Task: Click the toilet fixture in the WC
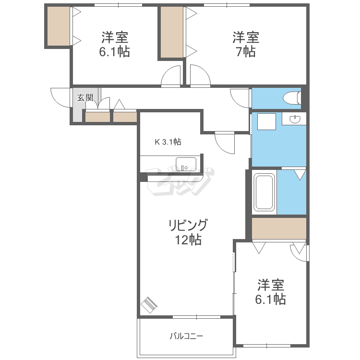pyautogui.click(x=292, y=98)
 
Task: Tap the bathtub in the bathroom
pyautogui.click(x=264, y=192)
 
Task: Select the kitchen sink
pyautogui.click(x=186, y=164)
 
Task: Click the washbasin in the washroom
pyautogui.click(x=295, y=119)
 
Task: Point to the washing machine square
pyautogui.click(x=266, y=122)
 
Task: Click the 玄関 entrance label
pyautogui.click(x=85, y=97)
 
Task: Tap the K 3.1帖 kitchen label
pyautogui.click(x=168, y=142)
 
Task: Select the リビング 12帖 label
pyautogui.click(x=188, y=232)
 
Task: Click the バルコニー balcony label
pyautogui.click(x=186, y=336)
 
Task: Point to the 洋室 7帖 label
pyautogui.click(x=246, y=44)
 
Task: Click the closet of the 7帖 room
pyautogui.click(x=172, y=32)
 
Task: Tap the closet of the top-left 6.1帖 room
pyautogui.click(x=59, y=26)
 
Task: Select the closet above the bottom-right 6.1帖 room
pyautogui.click(x=279, y=228)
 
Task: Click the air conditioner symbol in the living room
pyautogui.click(x=149, y=305)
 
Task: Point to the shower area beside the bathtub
pyautogui.click(x=291, y=192)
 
